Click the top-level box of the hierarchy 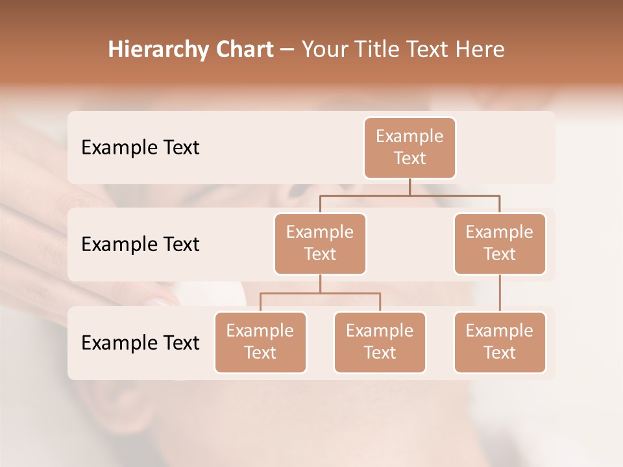tap(409, 147)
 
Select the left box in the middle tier tap(320, 243)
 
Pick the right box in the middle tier tap(500, 243)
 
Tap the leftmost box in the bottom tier tap(260, 342)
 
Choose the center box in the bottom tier tap(380, 342)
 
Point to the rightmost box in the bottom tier tap(500, 342)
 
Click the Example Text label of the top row tap(140, 147)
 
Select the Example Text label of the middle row tap(140, 244)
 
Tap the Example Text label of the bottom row tap(140, 342)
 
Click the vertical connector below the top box tap(409, 187)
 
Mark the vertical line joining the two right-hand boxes tap(500, 293)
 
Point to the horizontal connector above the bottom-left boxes tap(320, 293)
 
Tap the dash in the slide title tap(287, 49)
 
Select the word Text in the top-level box tap(409, 158)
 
